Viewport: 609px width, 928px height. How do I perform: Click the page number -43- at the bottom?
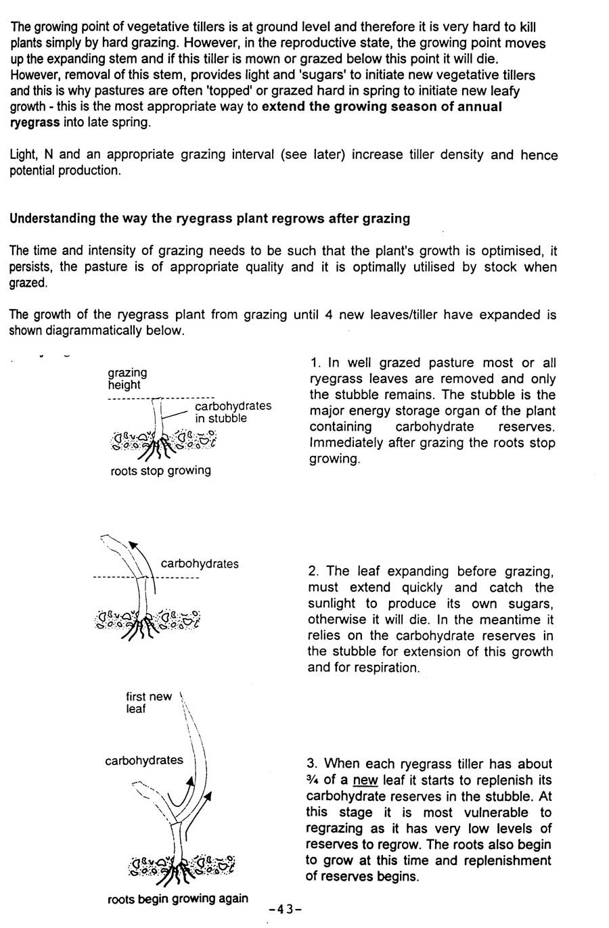click(x=285, y=909)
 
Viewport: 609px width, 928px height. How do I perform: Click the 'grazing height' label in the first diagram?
click(x=127, y=379)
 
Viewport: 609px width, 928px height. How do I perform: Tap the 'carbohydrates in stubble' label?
click(x=232, y=412)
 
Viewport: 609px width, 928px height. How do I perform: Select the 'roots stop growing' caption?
click(x=160, y=471)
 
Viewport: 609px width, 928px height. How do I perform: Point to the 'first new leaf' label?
click(x=148, y=703)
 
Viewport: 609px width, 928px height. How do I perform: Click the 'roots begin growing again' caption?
click(x=177, y=899)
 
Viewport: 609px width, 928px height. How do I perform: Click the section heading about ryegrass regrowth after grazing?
click(x=210, y=218)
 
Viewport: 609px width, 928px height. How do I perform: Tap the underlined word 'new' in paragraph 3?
click(x=365, y=780)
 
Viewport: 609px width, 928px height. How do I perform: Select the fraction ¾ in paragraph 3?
click(x=313, y=780)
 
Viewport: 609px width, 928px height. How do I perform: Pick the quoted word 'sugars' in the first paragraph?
click(x=321, y=75)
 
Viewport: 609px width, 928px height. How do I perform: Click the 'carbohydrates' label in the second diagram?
click(x=200, y=563)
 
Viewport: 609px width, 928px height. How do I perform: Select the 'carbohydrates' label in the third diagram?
click(x=143, y=760)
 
